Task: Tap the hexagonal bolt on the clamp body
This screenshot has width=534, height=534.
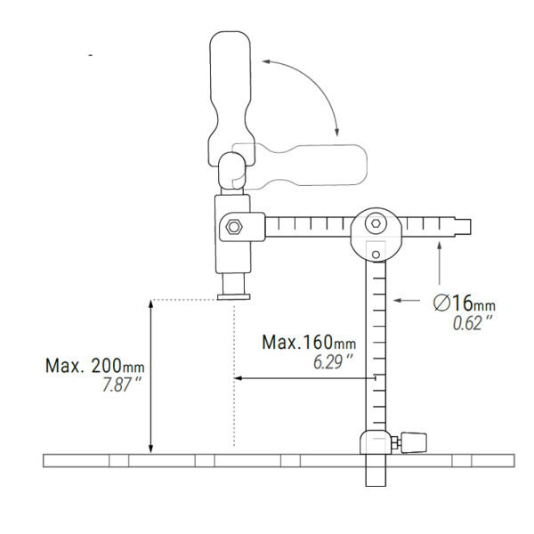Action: (234, 226)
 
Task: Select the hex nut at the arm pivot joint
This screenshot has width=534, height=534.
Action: (376, 225)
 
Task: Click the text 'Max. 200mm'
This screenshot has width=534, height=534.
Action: (94, 365)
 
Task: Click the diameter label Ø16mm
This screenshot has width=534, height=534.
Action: (464, 303)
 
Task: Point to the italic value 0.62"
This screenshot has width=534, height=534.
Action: (471, 324)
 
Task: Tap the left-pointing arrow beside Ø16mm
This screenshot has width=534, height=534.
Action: (409, 301)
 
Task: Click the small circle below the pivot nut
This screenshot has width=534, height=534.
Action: (376, 256)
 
